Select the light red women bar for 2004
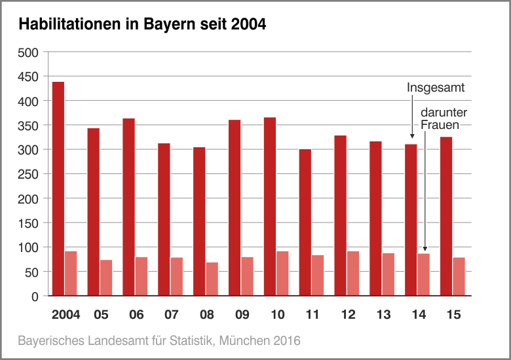coord(71,274)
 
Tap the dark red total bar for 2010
coord(269,206)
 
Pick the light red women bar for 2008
coord(212,279)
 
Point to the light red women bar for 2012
coord(353,274)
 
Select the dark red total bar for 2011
coord(305,223)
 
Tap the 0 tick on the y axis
coord(35,296)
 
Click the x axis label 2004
coord(66,315)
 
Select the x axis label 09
coord(242,315)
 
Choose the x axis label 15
coord(453,315)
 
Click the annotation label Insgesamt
coord(436,88)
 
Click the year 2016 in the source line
coord(286,341)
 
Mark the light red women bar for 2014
coord(423,275)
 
